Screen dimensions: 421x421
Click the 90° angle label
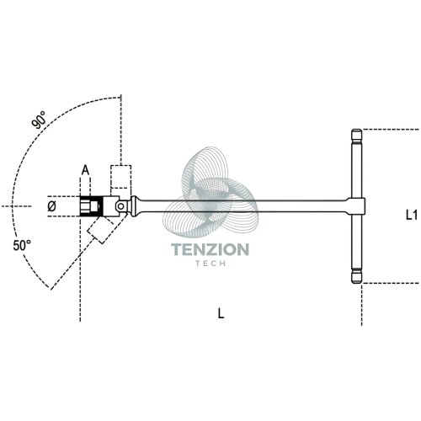[39, 120]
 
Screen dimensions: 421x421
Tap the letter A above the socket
[85, 170]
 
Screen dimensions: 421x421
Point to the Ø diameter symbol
[51, 207]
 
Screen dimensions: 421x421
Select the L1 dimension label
[412, 215]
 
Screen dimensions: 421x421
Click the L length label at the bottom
[221, 313]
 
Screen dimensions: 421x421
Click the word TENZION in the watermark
[210, 249]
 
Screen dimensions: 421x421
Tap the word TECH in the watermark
[210, 264]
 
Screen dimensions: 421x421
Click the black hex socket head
[91, 206]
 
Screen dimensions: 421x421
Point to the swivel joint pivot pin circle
[121, 206]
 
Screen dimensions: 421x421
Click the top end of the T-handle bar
[356, 130]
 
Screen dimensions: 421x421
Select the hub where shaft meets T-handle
[356, 206]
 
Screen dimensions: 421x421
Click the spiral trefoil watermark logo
[210, 192]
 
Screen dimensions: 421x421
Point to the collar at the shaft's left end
[134, 206]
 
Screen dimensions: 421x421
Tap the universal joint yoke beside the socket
[112, 206]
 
